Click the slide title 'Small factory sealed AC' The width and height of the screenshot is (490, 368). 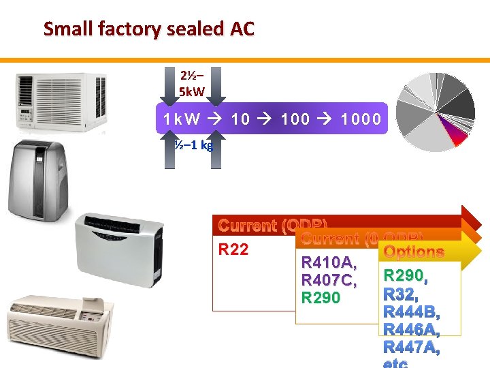point(148,29)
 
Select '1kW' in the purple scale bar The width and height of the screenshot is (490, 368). point(182,119)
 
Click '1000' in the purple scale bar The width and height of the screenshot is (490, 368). point(361,119)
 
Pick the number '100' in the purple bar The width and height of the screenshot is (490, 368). point(295,119)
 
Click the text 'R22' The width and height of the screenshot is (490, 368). point(233,249)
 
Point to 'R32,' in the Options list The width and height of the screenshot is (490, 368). point(399,294)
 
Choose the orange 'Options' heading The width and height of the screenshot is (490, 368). point(414,252)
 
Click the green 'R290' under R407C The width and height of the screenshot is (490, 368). point(321,298)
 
